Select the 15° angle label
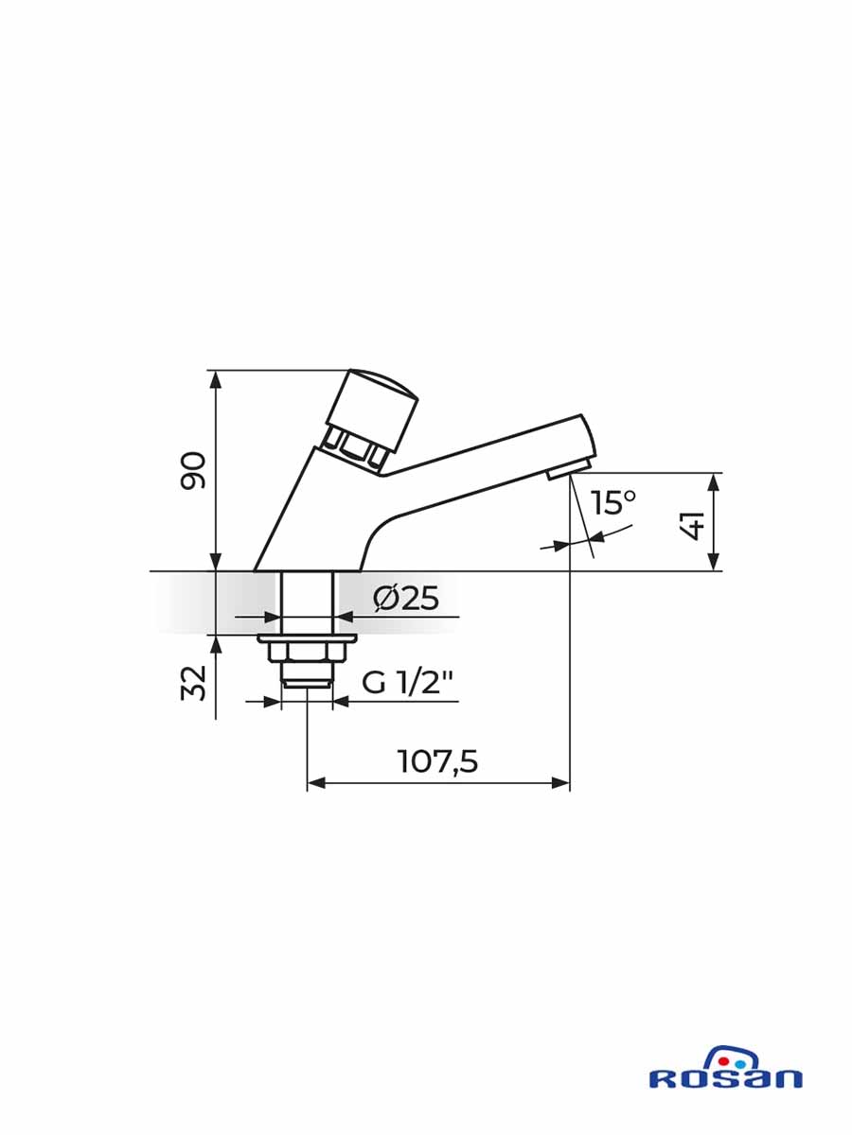[x=614, y=502]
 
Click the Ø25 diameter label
[x=405, y=599]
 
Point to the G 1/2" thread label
[x=407, y=683]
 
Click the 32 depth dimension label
[x=193, y=683]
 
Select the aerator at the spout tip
[x=569, y=469]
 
